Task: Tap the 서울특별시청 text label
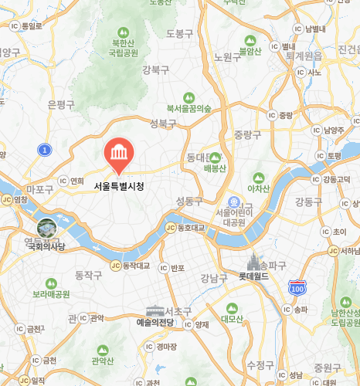click(x=119, y=186)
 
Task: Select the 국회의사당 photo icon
click(x=46, y=229)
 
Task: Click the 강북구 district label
click(x=155, y=70)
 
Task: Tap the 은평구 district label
click(x=61, y=103)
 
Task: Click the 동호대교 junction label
click(x=188, y=228)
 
